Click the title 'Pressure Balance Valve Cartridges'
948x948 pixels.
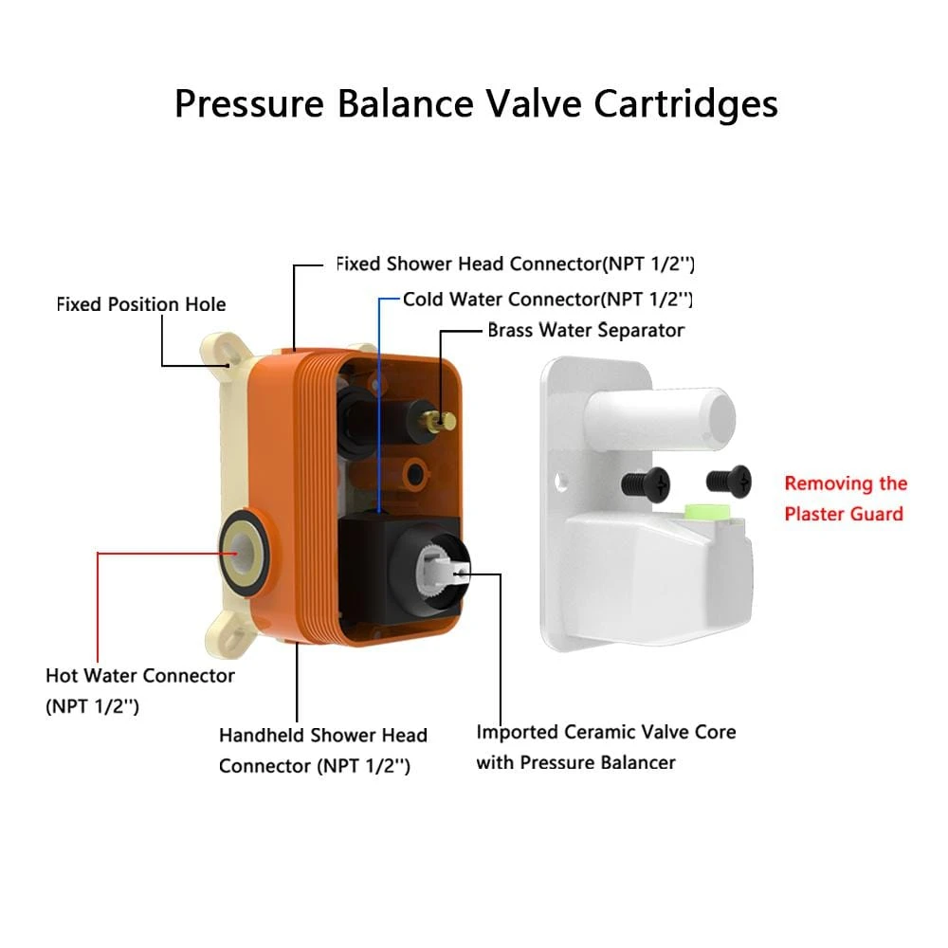click(475, 103)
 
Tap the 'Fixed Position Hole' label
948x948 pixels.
click(141, 304)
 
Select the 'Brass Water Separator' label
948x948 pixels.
click(585, 330)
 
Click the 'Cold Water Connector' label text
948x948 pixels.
click(547, 299)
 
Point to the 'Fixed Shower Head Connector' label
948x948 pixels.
click(521, 263)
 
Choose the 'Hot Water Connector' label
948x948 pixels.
click(139, 676)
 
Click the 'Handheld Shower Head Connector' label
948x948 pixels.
click(322, 735)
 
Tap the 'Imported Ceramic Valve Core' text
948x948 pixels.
click(606, 732)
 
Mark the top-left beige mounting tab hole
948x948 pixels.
click(228, 360)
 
